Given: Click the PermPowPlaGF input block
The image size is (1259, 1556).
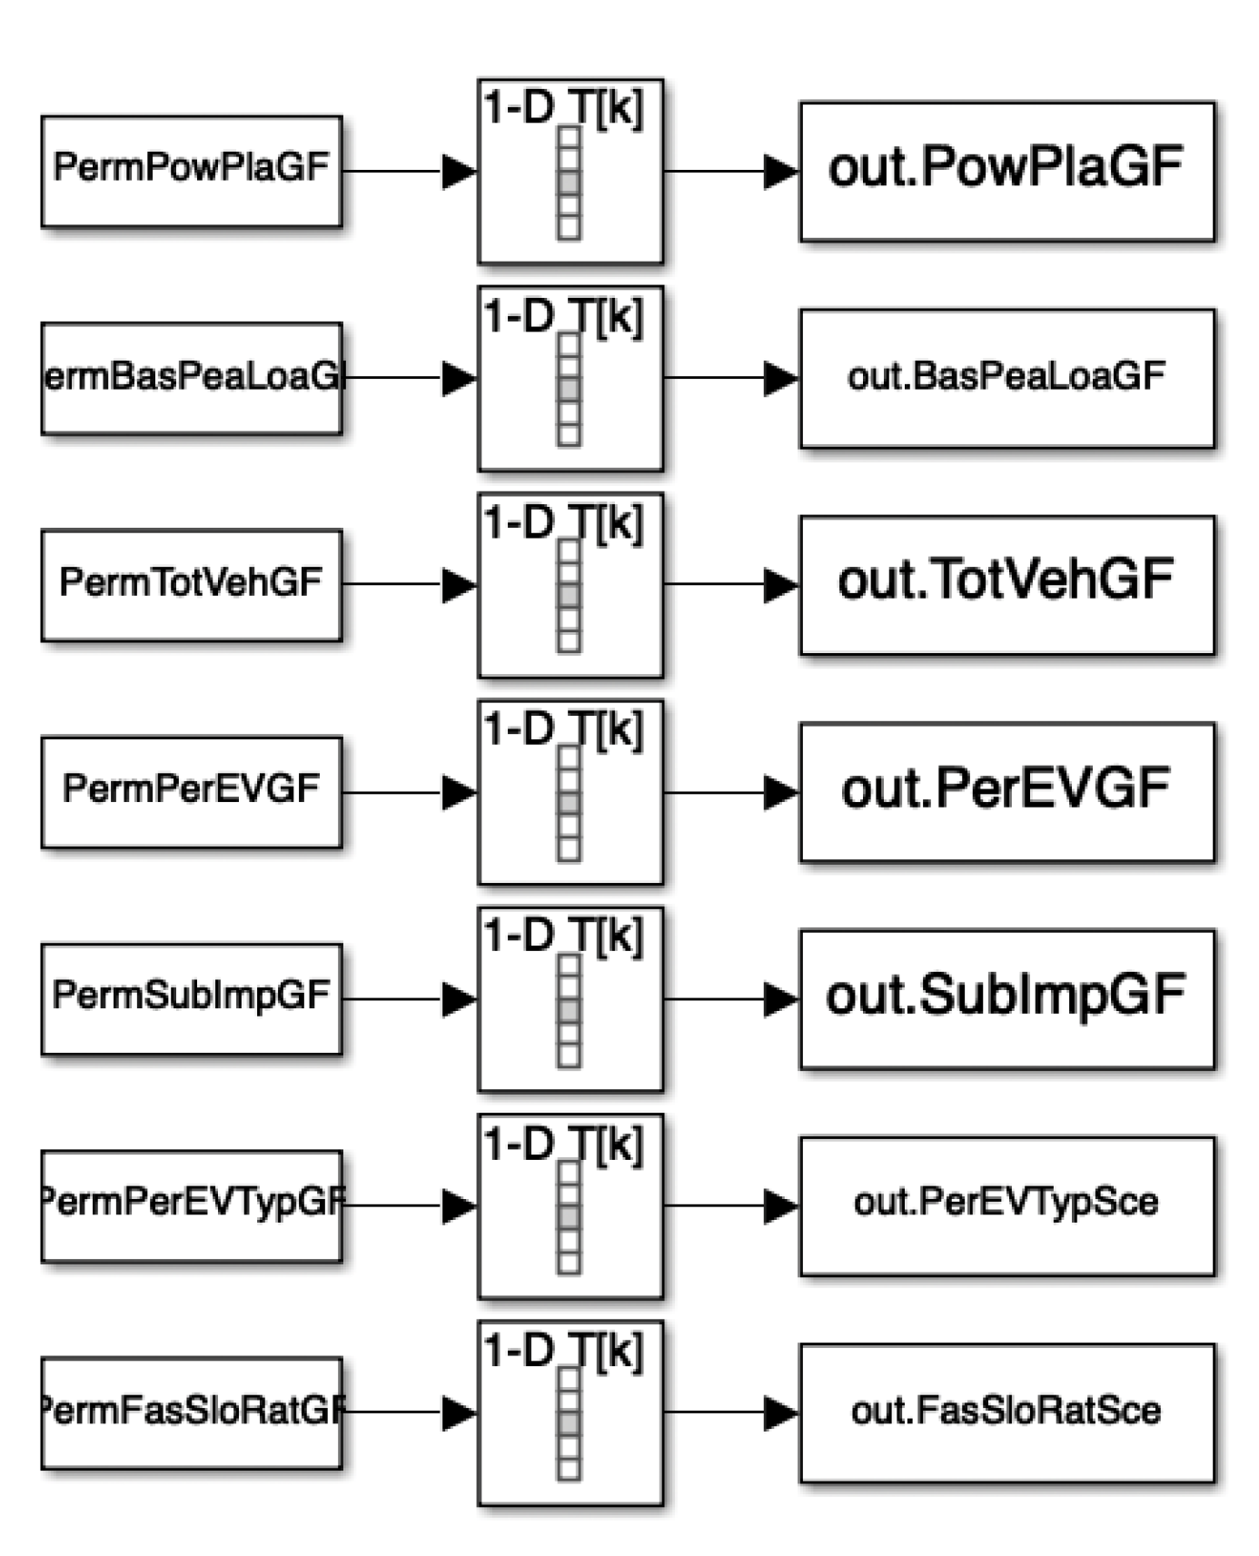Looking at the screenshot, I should point(192,170).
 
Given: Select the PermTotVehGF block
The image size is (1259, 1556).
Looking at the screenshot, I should point(192,584).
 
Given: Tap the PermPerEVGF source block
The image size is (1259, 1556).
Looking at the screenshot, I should point(192,791).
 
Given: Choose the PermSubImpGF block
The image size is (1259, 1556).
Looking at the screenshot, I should point(192,998).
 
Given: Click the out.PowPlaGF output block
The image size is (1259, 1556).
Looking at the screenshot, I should point(1006,171).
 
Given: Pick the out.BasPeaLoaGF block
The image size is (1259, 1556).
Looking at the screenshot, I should point(1006,378).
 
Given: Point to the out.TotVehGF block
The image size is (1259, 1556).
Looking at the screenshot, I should point(1006,584).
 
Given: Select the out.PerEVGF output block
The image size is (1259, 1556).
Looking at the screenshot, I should point(1006,791).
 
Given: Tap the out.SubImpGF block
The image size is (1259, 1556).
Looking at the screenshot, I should point(1006,998).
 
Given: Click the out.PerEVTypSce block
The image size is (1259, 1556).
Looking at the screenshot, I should point(1006,1205).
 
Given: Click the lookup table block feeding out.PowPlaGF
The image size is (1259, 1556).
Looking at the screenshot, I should point(570,171).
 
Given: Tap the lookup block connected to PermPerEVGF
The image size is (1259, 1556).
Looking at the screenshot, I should point(570,791).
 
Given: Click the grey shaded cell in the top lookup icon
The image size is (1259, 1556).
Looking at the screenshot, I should point(570,182).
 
